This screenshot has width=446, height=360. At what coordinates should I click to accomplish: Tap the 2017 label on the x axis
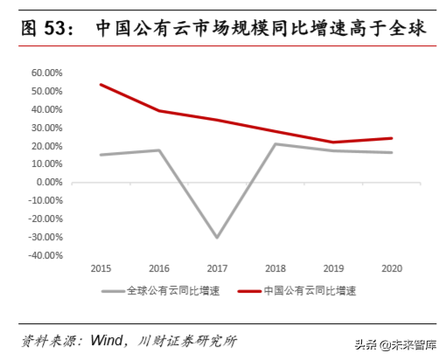click(x=216, y=268)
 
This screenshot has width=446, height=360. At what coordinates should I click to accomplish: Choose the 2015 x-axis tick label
click(x=101, y=268)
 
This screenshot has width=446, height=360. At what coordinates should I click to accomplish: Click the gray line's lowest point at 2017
click(x=216, y=238)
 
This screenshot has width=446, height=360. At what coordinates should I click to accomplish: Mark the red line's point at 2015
click(x=101, y=85)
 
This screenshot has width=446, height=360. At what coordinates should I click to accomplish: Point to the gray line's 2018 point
click(x=275, y=143)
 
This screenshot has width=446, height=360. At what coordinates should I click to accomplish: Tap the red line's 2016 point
click(x=158, y=111)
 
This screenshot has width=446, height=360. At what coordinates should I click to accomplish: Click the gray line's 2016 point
click(x=158, y=150)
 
